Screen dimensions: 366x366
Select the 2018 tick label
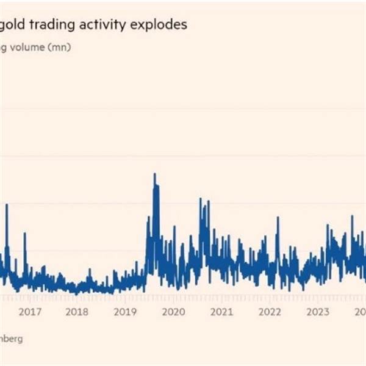pos(77,312)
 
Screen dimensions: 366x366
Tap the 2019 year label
pos(126,312)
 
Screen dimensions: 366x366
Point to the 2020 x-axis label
pos(174,312)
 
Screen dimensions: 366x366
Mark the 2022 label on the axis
pos(270,312)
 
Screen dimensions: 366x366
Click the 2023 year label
pos(318,312)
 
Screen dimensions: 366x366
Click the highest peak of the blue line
pos(154,174)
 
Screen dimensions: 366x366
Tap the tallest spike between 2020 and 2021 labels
pos(200,199)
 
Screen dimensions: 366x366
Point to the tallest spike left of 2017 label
pos(7,205)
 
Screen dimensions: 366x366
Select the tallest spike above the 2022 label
pos(278,217)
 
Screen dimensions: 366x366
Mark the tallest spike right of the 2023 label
pos(352,217)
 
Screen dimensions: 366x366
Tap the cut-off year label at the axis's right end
pos(361,312)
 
